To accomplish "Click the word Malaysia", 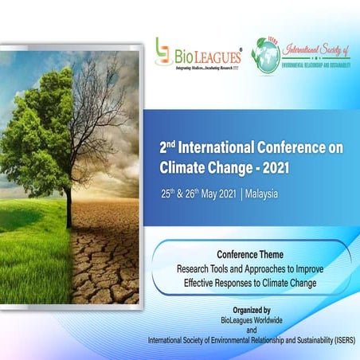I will [262, 195].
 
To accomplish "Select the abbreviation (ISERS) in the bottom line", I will [342, 341].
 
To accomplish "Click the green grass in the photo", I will [32, 255].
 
